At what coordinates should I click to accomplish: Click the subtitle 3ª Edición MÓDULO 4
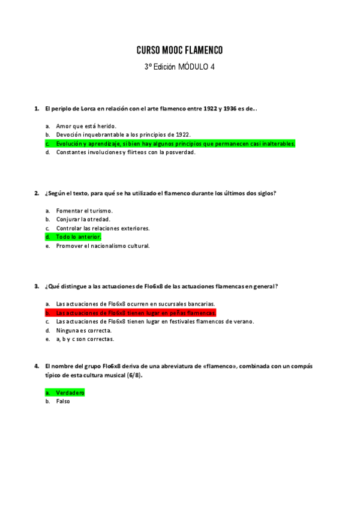(x=179, y=67)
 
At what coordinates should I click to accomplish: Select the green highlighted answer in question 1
(x=175, y=144)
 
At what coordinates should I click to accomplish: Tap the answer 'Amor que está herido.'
(x=86, y=126)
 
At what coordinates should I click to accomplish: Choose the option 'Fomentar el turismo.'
(x=84, y=211)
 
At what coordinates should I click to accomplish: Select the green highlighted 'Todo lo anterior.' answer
(x=79, y=237)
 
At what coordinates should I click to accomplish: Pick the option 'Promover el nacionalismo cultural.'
(x=103, y=245)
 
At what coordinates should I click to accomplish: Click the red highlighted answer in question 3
(x=136, y=313)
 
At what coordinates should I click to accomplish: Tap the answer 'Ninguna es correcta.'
(x=83, y=330)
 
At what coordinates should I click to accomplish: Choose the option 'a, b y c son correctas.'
(x=85, y=339)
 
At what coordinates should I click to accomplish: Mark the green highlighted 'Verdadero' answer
(x=70, y=393)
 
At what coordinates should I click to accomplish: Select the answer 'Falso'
(x=63, y=401)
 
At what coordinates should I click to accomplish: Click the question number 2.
(x=37, y=193)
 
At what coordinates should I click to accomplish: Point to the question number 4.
(x=37, y=366)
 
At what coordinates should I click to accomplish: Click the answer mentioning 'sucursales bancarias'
(x=135, y=304)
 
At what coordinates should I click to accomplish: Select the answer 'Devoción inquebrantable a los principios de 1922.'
(x=123, y=135)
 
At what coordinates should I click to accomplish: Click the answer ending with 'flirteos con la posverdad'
(x=125, y=152)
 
